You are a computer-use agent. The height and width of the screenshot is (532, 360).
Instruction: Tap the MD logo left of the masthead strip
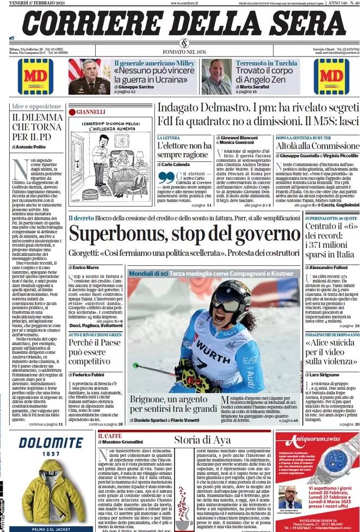pyautogui.click(x=35, y=77)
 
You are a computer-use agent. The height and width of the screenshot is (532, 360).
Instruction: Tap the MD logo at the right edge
pyautogui.click(x=331, y=77)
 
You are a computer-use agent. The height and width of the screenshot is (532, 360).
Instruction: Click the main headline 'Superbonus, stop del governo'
pyautogui.click(x=184, y=234)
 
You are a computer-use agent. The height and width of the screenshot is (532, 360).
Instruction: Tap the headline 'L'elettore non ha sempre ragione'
pyautogui.click(x=184, y=151)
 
